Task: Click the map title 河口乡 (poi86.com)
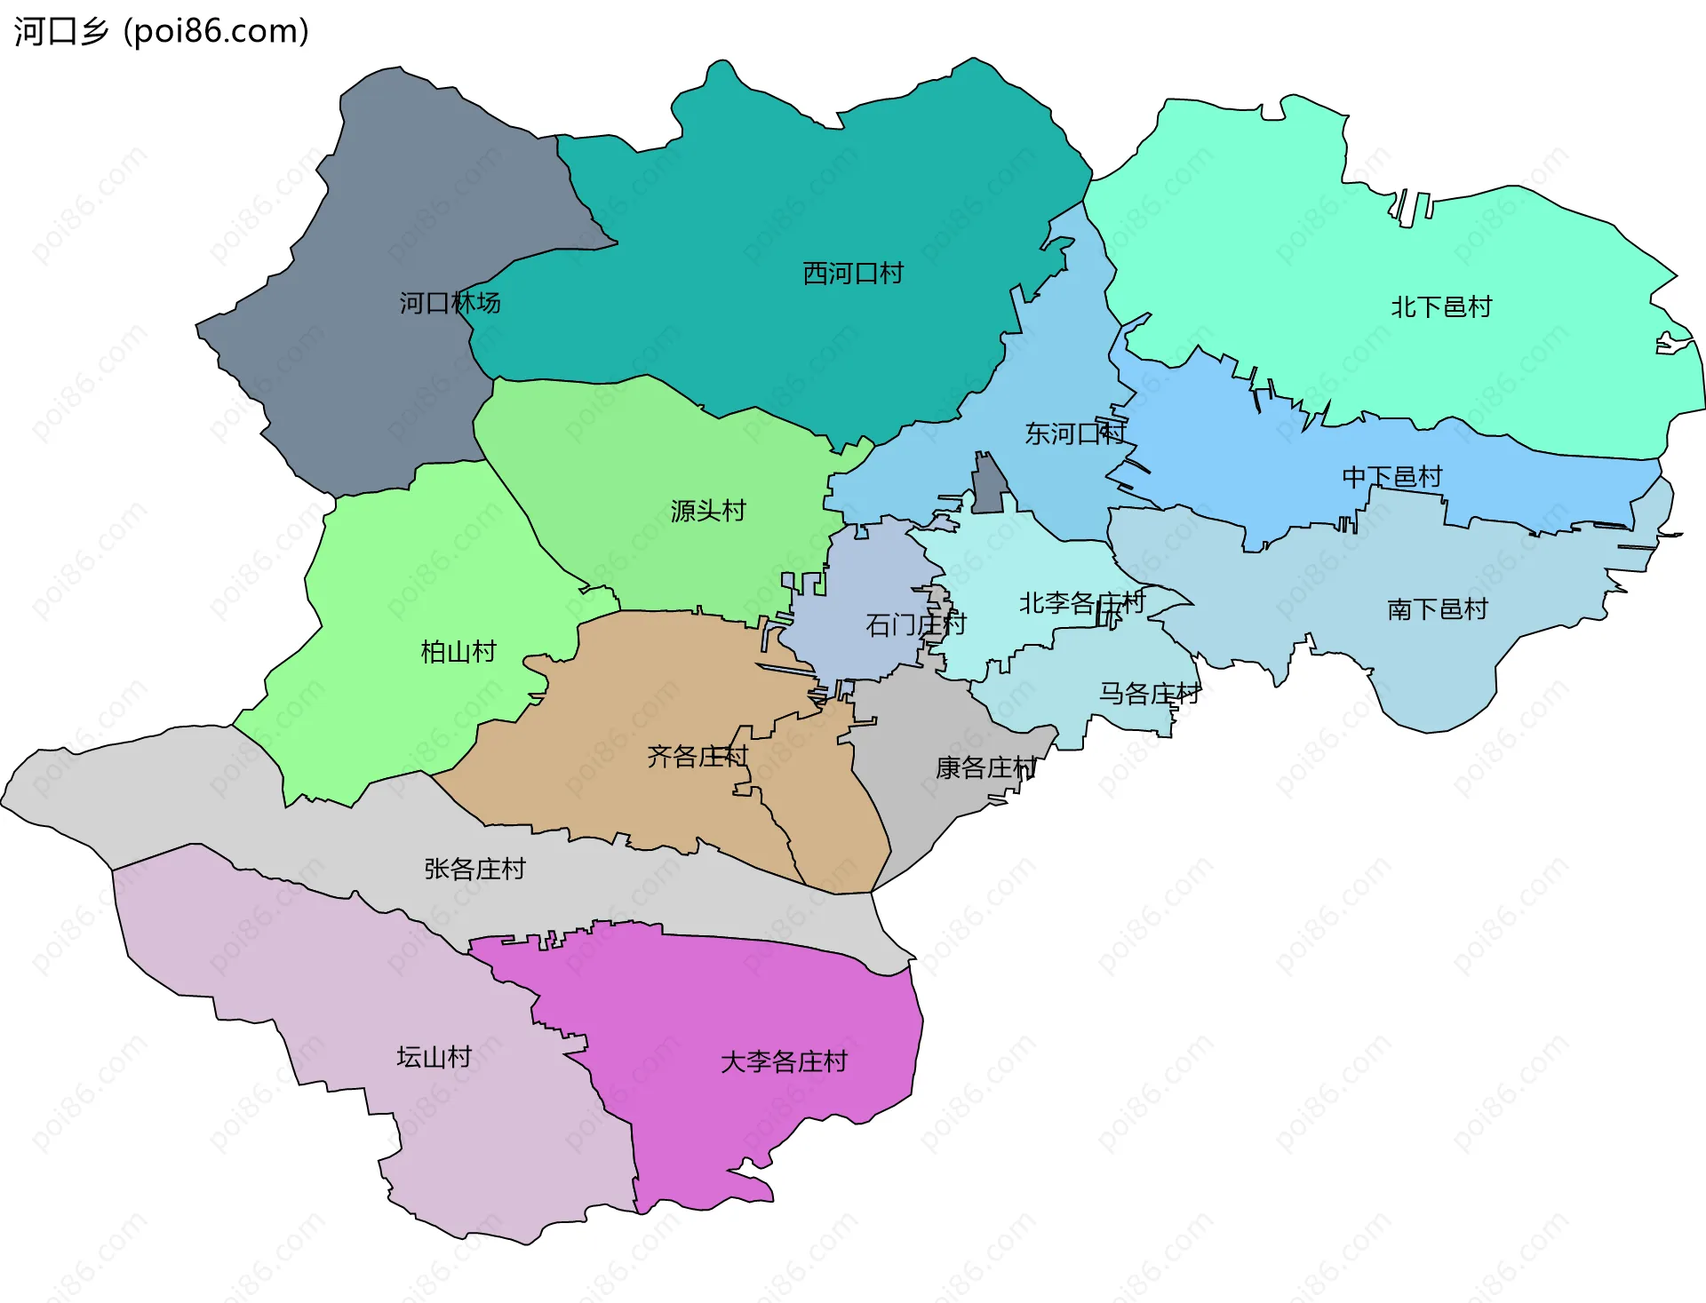point(161,31)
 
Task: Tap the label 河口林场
point(450,303)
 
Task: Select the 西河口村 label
point(853,273)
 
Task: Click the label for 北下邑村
point(1441,306)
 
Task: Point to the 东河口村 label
point(1075,433)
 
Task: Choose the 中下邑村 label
point(1391,477)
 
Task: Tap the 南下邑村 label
point(1437,608)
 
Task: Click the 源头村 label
point(708,511)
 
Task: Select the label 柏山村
point(458,652)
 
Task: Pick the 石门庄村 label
point(915,624)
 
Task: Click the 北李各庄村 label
point(1081,603)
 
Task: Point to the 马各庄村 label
point(1150,693)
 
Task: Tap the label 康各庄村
point(985,767)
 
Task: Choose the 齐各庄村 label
point(698,757)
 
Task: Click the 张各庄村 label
point(474,869)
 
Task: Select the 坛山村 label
point(434,1057)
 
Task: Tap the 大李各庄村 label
point(784,1061)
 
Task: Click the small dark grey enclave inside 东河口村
point(988,489)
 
